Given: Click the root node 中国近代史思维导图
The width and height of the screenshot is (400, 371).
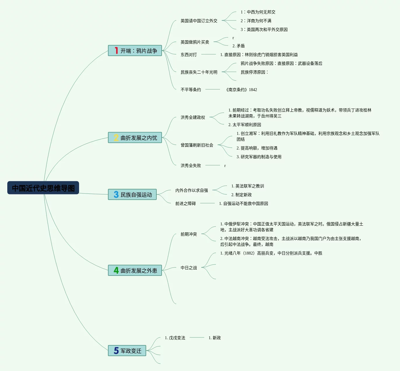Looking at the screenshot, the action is (x=43, y=188).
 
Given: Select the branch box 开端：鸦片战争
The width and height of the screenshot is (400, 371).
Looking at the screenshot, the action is (x=135, y=50).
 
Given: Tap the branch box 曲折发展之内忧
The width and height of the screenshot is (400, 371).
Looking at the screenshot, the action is (x=135, y=137).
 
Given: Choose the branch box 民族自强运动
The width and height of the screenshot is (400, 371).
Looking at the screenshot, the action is (x=132, y=194).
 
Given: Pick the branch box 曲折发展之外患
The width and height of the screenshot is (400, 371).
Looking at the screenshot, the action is (x=135, y=270).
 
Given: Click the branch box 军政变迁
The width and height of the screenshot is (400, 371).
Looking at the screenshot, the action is (x=127, y=351).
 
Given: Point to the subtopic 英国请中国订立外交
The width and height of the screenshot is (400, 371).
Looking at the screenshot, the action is (x=199, y=21).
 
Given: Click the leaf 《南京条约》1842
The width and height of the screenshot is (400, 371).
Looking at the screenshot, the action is (x=241, y=90).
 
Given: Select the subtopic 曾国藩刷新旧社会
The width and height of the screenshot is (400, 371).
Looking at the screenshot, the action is (x=197, y=145).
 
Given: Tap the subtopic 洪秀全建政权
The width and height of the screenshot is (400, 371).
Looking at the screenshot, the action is (x=193, y=117).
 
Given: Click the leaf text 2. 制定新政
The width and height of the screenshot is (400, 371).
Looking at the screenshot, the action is (x=241, y=195).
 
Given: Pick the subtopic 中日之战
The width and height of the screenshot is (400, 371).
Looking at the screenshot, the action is (x=188, y=268).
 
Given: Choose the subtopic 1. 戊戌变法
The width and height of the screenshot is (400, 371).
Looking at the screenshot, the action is (x=175, y=338).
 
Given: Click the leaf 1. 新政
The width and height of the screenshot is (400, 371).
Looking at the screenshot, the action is (x=214, y=338).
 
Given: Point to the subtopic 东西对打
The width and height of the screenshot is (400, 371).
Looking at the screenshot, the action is (x=188, y=55).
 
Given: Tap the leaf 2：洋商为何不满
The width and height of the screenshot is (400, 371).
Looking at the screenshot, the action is (x=256, y=21).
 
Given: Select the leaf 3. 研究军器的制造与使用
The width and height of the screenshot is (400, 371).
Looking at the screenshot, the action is (x=259, y=157).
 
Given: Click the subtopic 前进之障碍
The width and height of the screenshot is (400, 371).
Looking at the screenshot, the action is (x=185, y=203).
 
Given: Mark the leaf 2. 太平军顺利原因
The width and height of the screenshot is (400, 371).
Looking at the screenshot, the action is (x=244, y=125).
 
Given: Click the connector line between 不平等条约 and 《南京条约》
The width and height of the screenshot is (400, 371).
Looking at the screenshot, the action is (x=213, y=89).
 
